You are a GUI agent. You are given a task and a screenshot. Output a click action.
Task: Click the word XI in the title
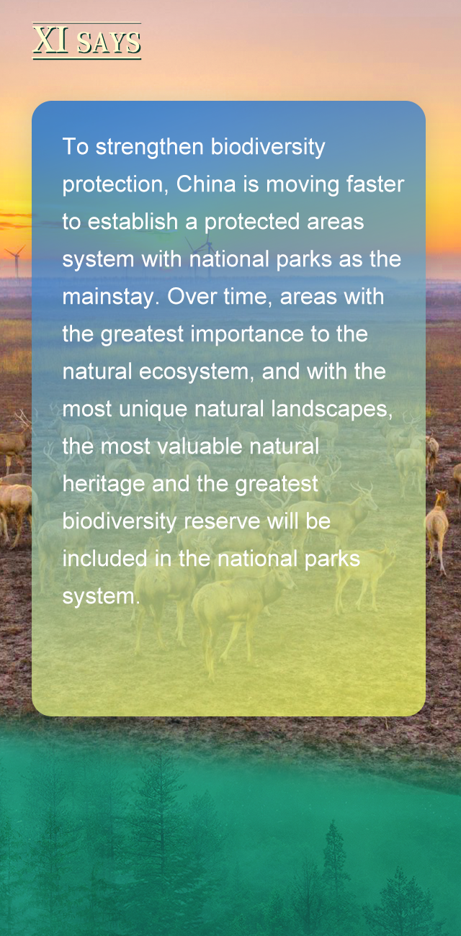[50, 40]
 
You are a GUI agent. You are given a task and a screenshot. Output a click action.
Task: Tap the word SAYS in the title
[109, 42]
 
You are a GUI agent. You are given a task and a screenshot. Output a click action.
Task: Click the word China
[206, 184]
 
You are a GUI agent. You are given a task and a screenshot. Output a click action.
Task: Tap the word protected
[252, 222]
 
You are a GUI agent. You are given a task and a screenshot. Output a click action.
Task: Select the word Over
[192, 297]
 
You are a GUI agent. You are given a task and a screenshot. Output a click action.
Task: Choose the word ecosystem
[196, 373]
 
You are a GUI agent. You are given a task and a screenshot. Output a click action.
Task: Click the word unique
[153, 410]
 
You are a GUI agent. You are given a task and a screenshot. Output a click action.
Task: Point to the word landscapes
[332, 410]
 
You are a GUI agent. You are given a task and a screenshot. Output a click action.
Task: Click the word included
[104, 559]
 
